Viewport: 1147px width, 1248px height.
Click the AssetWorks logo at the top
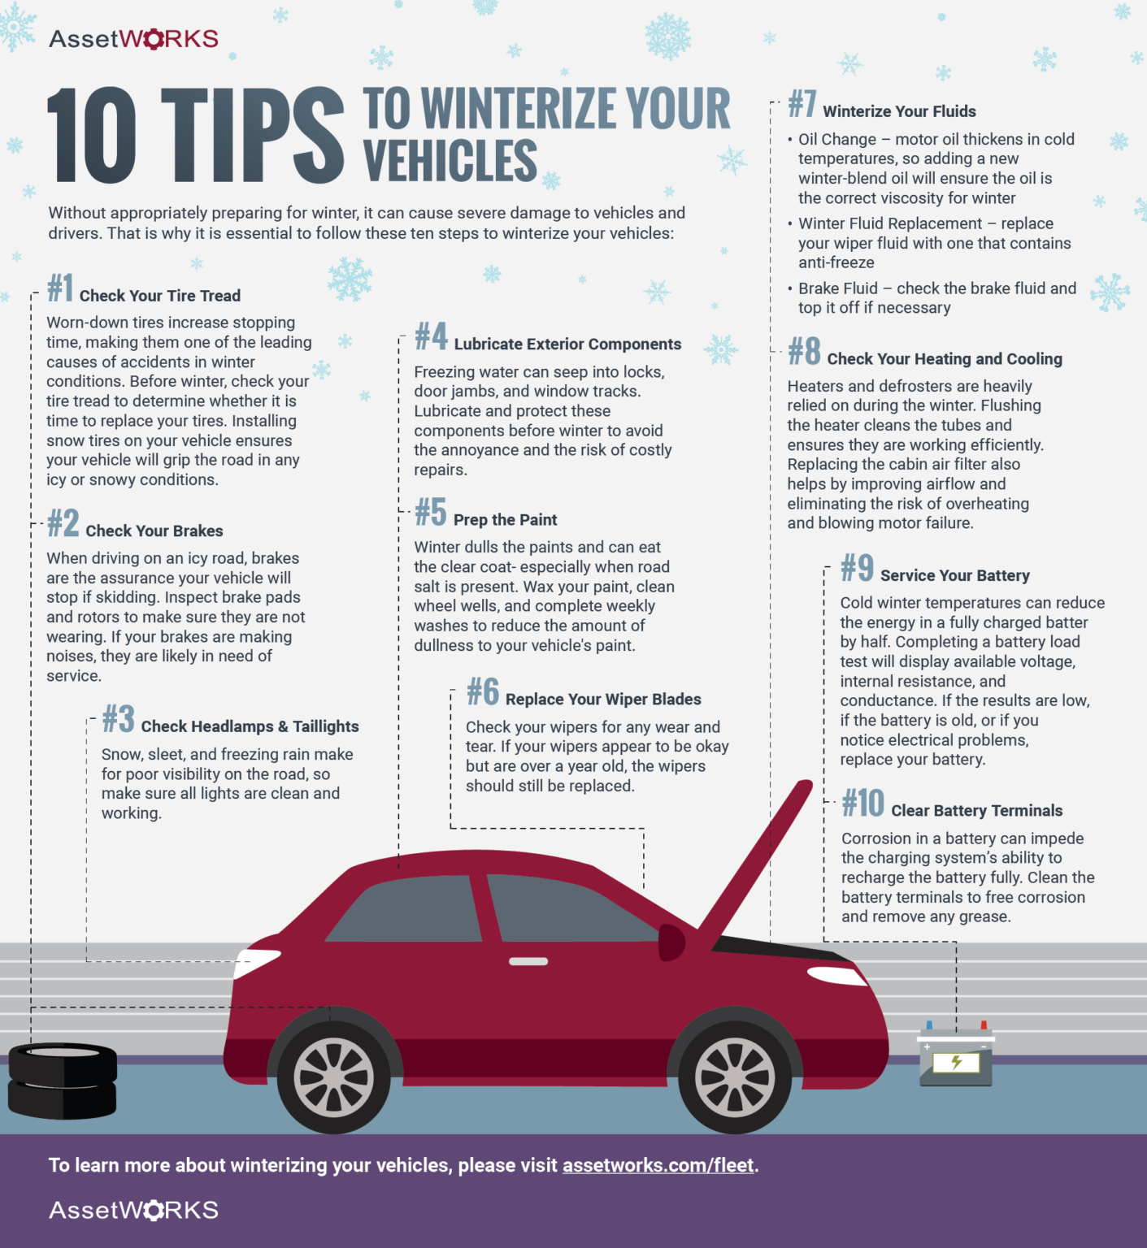tap(133, 39)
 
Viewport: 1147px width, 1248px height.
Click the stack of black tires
tap(63, 1081)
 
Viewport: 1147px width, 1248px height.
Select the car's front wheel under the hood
tap(734, 1076)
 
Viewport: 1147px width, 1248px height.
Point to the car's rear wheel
tap(333, 1077)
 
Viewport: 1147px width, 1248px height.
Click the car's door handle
tap(528, 961)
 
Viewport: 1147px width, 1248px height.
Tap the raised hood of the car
tap(756, 861)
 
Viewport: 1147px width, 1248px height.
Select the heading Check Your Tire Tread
tap(160, 296)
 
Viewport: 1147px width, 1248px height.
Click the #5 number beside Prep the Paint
tap(431, 513)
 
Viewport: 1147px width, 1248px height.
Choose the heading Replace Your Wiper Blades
tap(603, 700)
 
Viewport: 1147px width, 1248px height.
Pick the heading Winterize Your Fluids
tap(899, 111)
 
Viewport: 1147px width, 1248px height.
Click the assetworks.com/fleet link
tap(658, 1165)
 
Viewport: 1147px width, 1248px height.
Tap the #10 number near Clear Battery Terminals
tap(862, 804)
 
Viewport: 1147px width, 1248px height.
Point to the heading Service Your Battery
tap(954, 576)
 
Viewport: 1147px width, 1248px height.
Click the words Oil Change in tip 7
tap(837, 140)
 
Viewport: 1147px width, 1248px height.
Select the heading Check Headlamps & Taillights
tap(250, 726)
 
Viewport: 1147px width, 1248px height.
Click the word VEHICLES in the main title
tap(450, 161)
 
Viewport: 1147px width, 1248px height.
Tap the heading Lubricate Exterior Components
tap(567, 344)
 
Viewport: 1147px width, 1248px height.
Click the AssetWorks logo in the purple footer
tap(133, 1210)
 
